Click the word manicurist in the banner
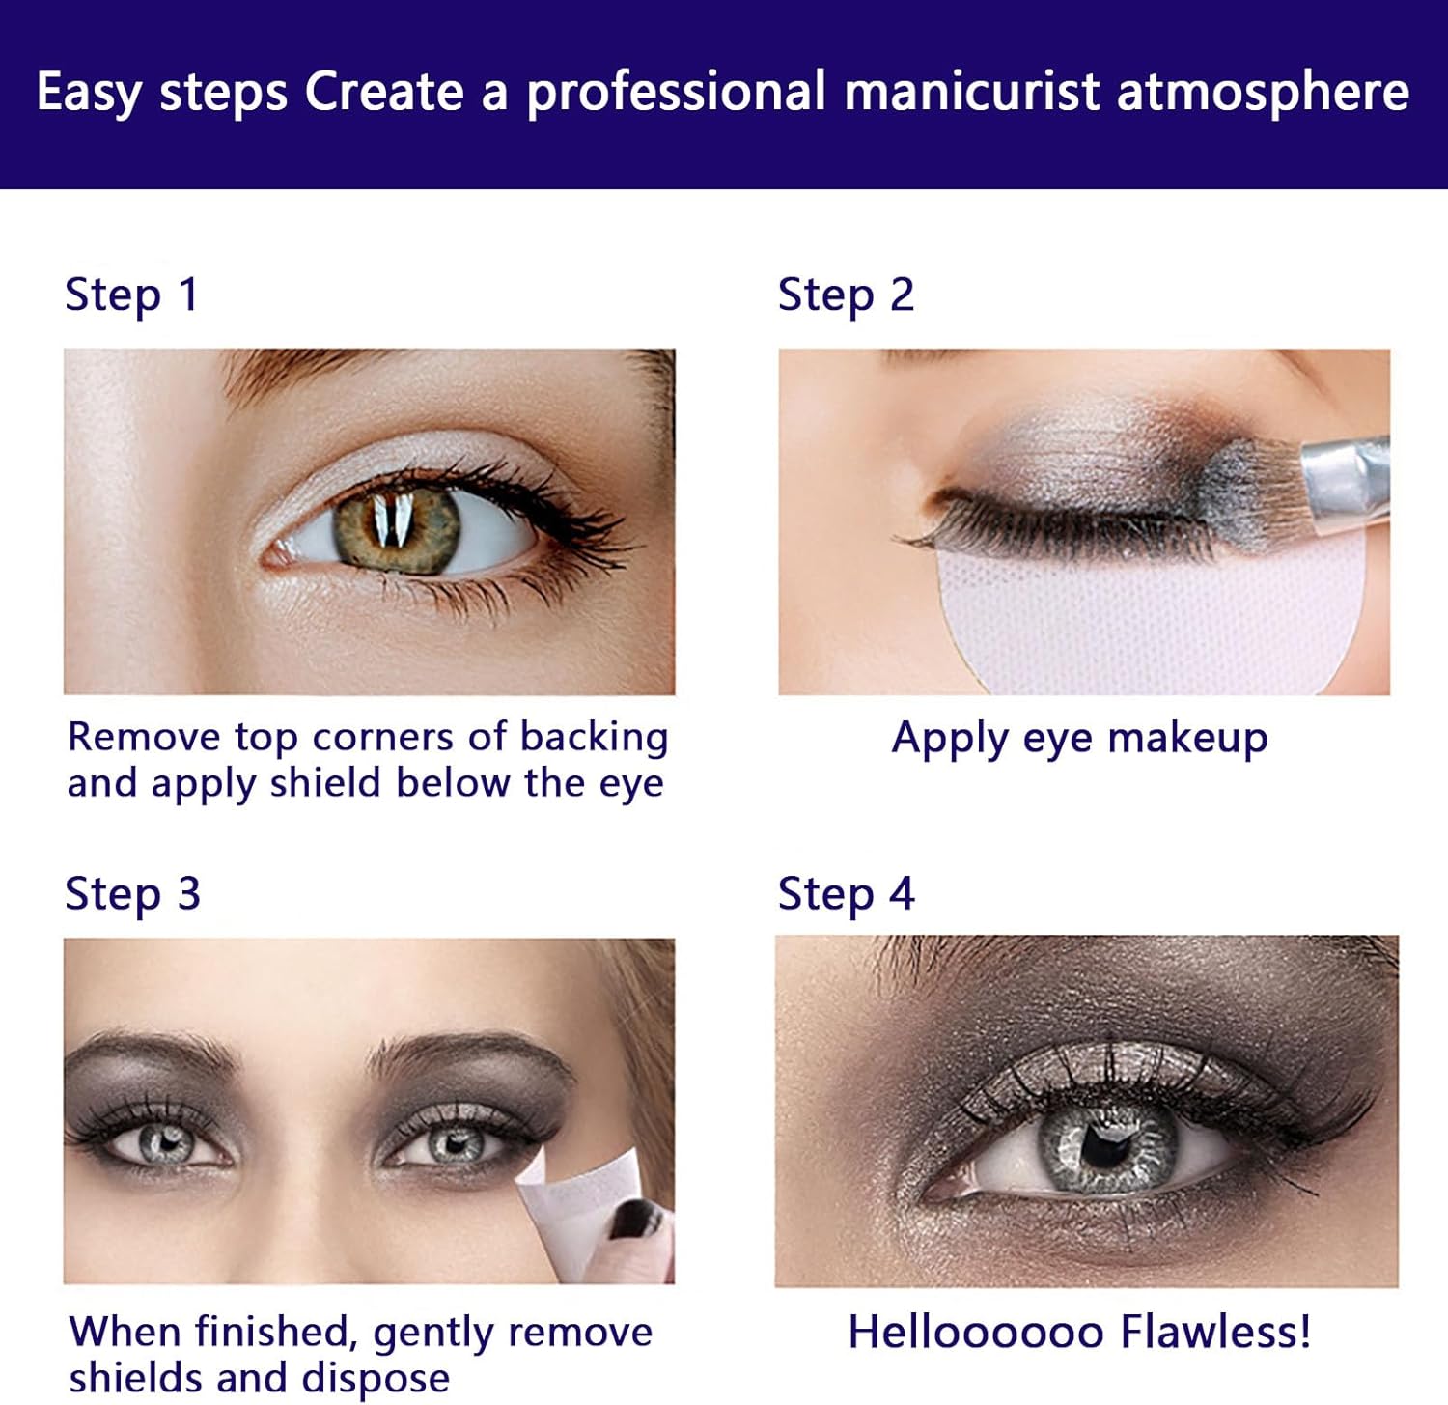972,92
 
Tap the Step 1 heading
131,295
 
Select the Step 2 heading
846,295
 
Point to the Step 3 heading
132,893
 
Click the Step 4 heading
846,893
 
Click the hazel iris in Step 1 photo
397,529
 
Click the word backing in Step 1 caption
594,738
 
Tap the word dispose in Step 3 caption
376,1378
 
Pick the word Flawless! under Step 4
1216,1333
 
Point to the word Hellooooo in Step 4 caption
976,1333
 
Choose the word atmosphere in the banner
1263,93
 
